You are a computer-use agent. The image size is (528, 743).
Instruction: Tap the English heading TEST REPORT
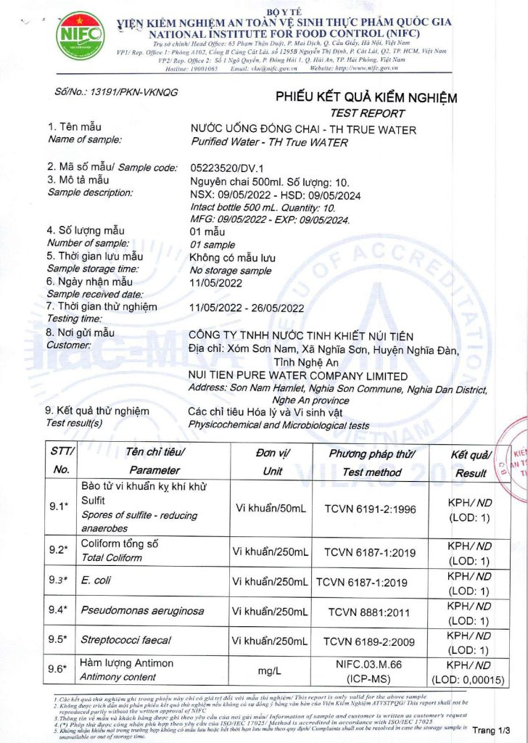(x=377, y=113)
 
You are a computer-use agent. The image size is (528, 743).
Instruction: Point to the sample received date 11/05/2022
(x=215, y=283)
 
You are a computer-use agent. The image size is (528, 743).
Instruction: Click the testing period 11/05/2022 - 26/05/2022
(x=246, y=307)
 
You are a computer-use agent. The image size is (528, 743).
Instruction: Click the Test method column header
(x=371, y=472)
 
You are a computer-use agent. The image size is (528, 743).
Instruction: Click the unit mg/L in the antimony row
(x=270, y=671)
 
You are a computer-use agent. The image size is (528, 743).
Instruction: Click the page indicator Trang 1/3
(x=496, y=729)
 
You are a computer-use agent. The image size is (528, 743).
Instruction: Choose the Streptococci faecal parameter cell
(x=126, y=641)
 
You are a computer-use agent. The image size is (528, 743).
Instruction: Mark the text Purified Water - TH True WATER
(x=268, y=142)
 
